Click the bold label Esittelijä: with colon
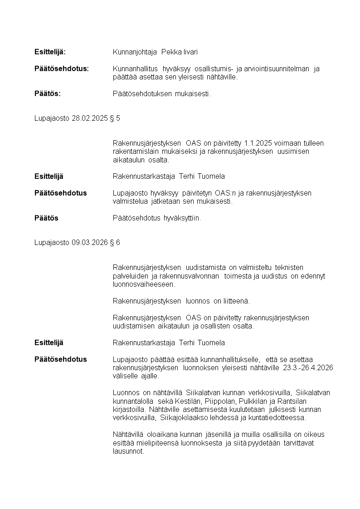point(50,52)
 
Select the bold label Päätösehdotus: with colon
point(62,69)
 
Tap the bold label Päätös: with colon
point(48,94)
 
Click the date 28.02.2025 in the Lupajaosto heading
point(90,118)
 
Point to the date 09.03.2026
point(90,243)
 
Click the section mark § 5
point(115,118)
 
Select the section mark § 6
point(115,243)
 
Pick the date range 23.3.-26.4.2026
point(304,368)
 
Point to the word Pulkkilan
point(255,401)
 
